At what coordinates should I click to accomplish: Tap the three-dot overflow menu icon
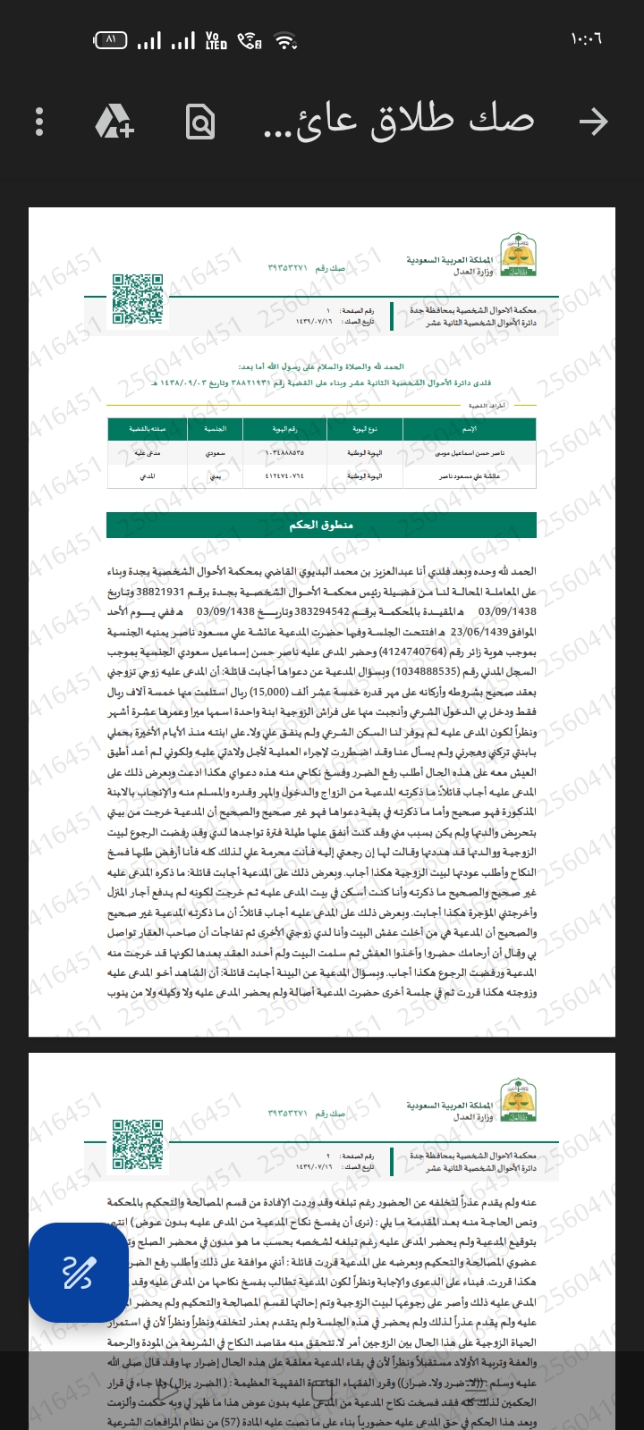(39, 122)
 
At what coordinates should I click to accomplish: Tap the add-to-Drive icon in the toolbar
(114, 122)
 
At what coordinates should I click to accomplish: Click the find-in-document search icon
(200, 122)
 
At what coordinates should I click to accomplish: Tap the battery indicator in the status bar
(110, 40)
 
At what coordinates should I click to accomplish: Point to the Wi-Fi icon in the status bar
(285, 41)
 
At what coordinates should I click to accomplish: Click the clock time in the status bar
(586, 40)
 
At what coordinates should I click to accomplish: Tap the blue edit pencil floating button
(78, 1272)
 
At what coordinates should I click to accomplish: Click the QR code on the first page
(137, 299)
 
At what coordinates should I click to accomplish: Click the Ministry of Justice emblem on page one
(518, 257)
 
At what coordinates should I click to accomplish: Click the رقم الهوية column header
(284, 429)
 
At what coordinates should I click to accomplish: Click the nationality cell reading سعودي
(216, 453)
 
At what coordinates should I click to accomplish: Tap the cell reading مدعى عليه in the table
(147, 453)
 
